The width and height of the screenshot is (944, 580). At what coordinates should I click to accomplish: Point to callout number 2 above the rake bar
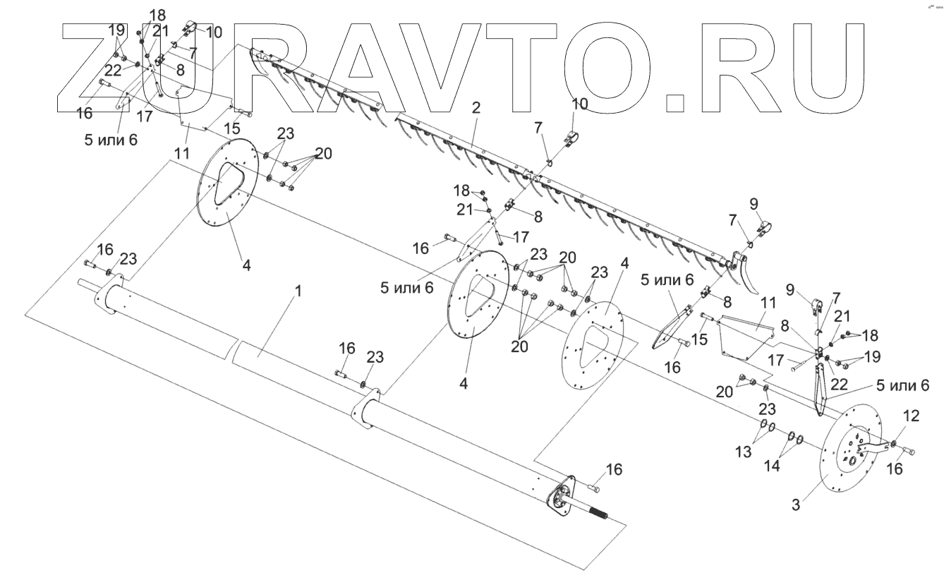(x=476, y=107)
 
